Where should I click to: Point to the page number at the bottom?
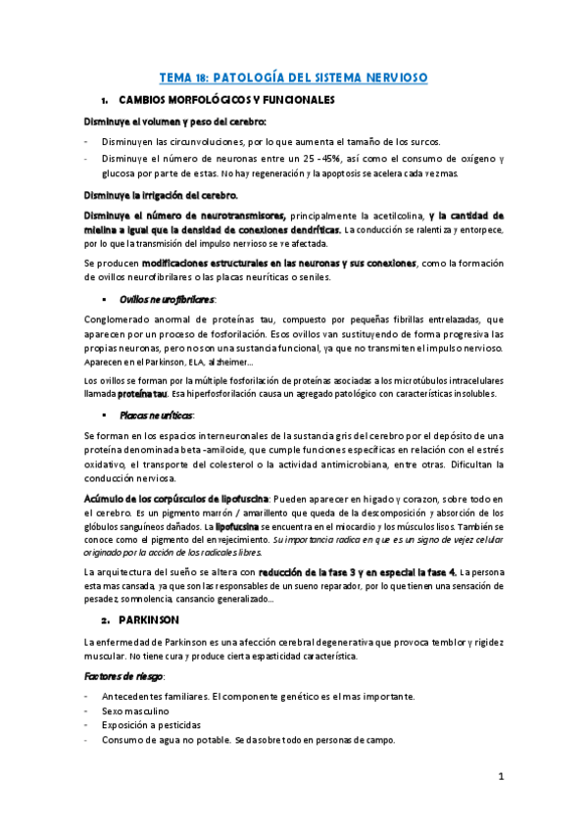coord(500,777)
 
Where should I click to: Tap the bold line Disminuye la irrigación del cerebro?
coord(160,195)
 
